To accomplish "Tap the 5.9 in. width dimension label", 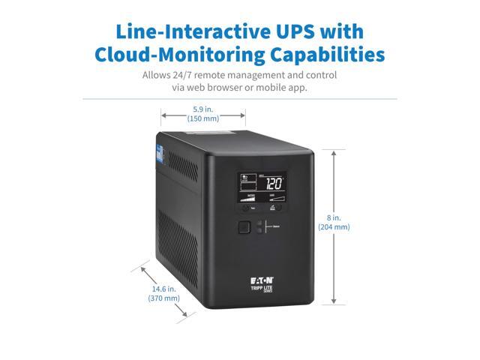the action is coord(202,109).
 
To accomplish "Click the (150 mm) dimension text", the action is coord(202,118).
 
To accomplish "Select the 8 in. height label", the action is coord(334,217).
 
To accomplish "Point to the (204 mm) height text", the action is coord(334,226).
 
